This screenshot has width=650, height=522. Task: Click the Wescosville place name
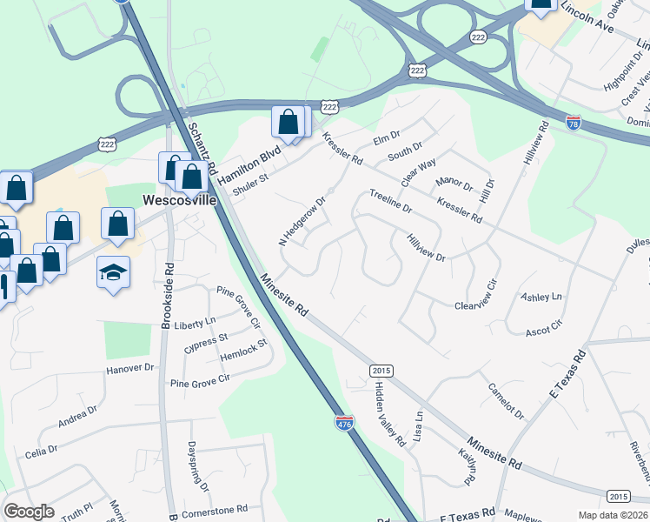click(x=180, y=199)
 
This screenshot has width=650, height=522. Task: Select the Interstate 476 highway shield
click(x=344, y=423)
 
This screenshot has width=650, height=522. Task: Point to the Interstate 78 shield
click(x=574, y=123)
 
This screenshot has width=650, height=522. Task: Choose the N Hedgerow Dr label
click(x=302, y=221)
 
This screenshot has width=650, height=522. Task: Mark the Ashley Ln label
click(x=541, y=298)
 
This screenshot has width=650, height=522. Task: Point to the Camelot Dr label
click(x=507, y=400)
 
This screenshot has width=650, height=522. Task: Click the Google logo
click(x=29, y=512)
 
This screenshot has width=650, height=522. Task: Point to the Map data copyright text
click(x=613, y=515)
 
